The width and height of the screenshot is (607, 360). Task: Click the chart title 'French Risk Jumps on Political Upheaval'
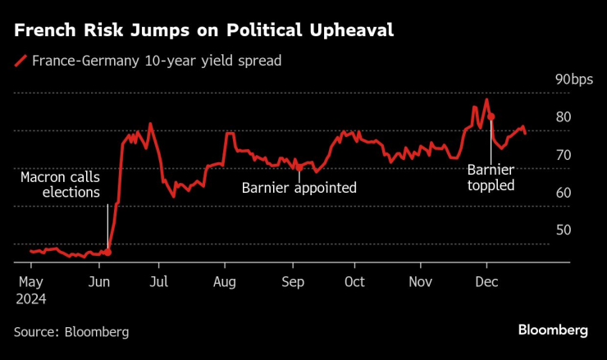203,31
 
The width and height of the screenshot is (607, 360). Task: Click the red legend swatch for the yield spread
20,61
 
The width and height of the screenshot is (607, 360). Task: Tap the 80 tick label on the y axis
563,117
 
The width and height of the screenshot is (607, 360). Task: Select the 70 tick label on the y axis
563,155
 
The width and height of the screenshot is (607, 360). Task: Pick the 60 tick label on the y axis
563,193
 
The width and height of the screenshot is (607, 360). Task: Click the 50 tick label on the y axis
563,230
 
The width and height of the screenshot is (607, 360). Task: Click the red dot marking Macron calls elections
108,252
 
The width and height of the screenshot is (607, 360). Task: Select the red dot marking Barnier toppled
491,116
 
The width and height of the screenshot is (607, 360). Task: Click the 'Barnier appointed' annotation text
299,188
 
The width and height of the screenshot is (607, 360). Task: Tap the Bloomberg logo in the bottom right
553,330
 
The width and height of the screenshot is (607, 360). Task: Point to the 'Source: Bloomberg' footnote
71,331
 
